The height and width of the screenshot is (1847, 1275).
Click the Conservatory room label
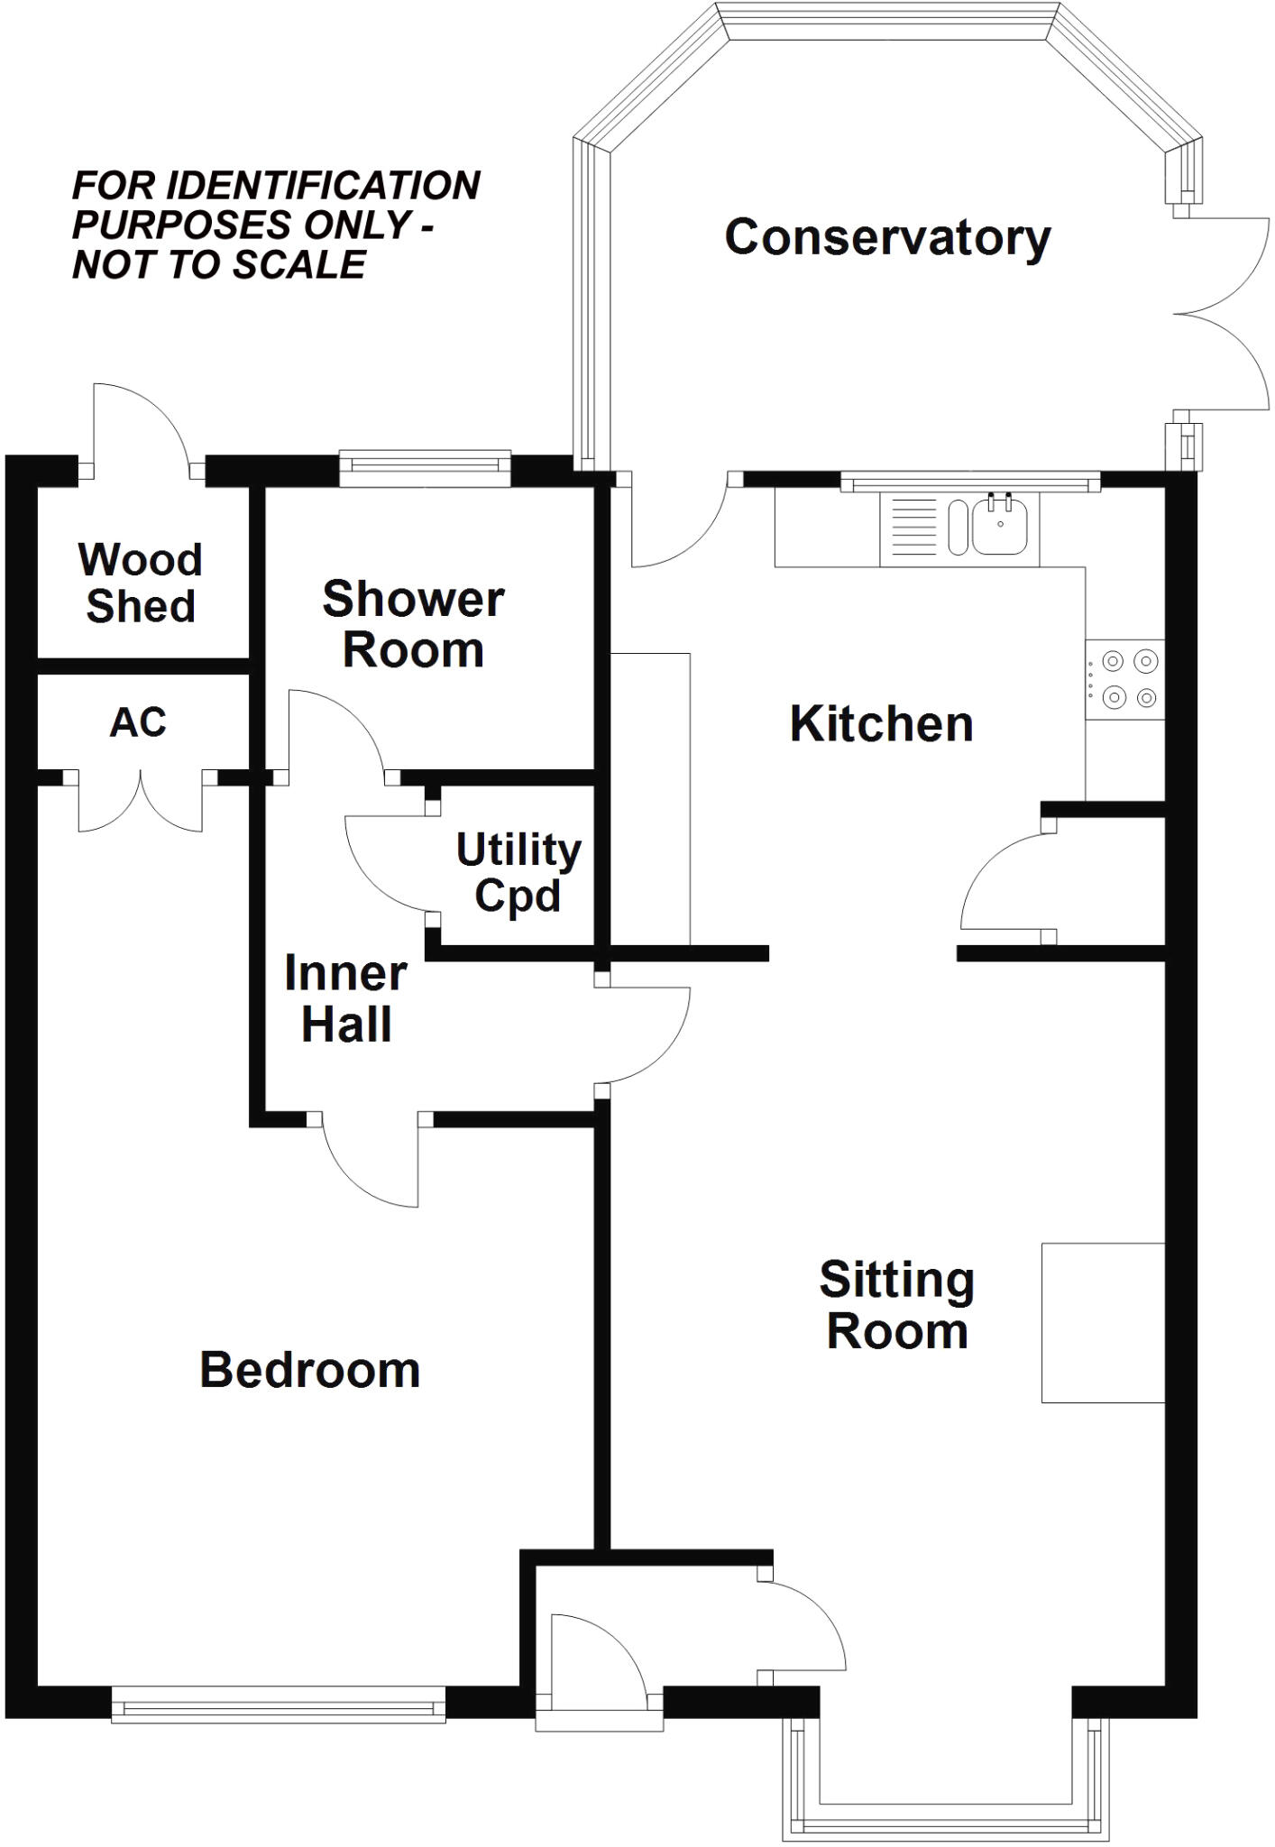point(887,238)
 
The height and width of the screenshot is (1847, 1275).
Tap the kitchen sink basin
point(1000,528)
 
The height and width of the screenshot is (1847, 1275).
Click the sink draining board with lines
point(913,528)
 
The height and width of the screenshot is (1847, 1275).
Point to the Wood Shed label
point(140,583)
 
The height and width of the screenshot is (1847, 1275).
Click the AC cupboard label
point(138,722)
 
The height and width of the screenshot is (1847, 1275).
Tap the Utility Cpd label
point(518,872)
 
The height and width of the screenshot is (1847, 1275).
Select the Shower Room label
point(413,624)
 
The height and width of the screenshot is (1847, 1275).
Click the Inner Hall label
point(345,998)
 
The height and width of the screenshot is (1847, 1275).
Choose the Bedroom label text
point(309,1370)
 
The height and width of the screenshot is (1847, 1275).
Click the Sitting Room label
point(896,1305)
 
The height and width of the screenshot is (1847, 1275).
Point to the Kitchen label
point(881,724)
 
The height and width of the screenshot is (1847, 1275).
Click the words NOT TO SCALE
point(219,265)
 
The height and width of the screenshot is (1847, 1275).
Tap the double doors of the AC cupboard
point(141,801)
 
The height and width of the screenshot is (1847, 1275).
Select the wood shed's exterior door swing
point(140,428)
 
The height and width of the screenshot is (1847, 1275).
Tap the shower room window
point(425,464)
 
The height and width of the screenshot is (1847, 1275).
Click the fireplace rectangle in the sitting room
point(1103,1323)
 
